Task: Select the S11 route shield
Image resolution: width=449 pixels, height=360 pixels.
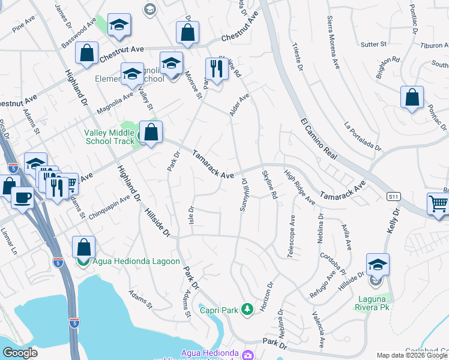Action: coord(393,196)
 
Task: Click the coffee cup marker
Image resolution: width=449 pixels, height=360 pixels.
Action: coord(23,197)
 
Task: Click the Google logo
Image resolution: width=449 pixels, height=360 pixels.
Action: coord(20,352)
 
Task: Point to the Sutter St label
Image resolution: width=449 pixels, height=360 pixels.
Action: coord(373,44)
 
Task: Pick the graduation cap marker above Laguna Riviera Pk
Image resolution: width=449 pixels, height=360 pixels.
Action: coord(378,265)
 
